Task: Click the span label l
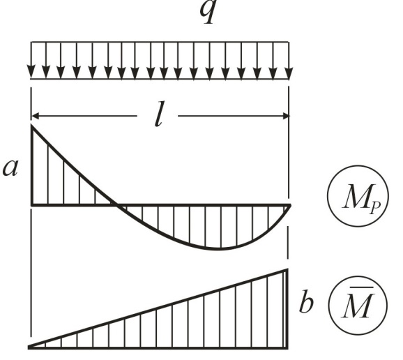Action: click(x=159, y=114)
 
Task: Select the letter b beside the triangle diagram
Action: click(x=306, y=301)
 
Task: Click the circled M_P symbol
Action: click(x=358, y=196)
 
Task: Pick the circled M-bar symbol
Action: click(x=358, y=306)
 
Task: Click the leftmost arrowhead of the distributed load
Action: click(x=31, y=71)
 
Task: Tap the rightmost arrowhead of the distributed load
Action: click(x=289, y=72)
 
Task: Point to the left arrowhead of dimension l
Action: click(x=34, y=116)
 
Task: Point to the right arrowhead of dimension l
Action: click(x=285, y=116)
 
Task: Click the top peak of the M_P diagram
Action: click(x=31, y=126)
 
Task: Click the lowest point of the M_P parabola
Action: click(x=220, y=249)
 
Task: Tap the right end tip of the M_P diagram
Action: click(x=291, y=205)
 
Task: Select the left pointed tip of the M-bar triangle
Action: click(x=29, y=347)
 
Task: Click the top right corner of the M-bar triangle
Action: click(x=287, y=270)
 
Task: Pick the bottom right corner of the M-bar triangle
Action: click(x=287, y=349)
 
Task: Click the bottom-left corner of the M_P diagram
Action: click(x=32, y=205)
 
